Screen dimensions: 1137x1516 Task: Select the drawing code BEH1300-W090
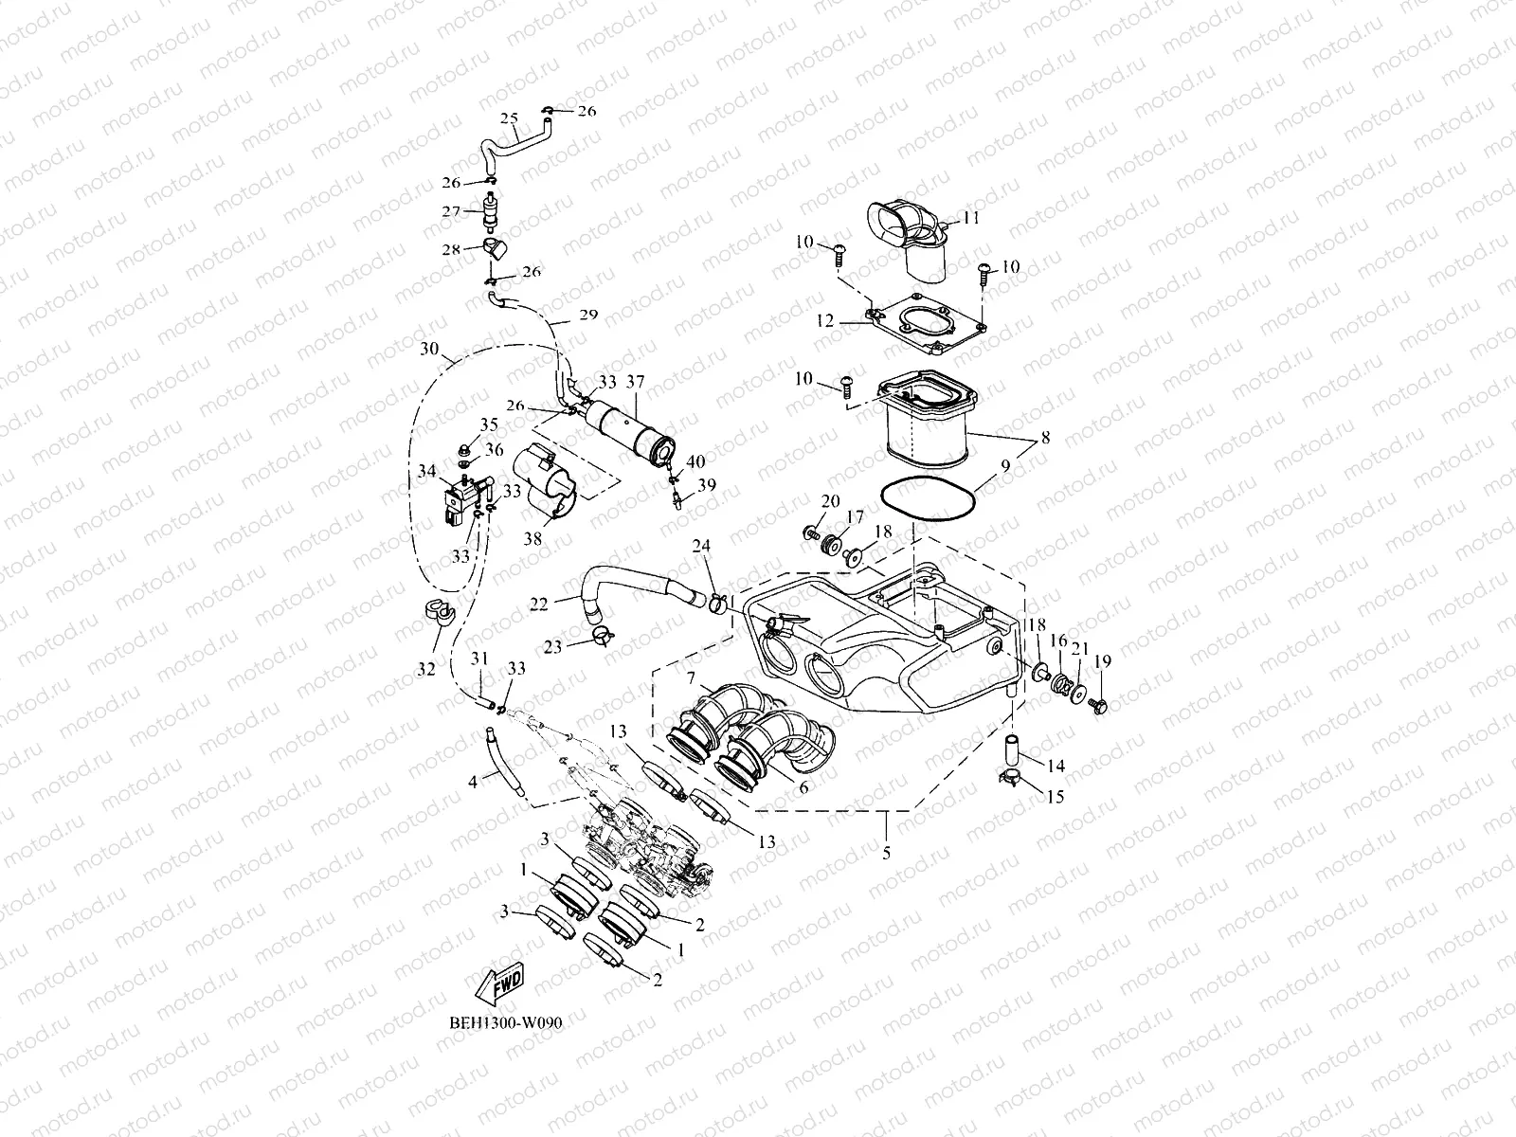499,1024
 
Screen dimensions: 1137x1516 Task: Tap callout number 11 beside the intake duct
971,217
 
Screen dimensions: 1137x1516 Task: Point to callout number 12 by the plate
824,322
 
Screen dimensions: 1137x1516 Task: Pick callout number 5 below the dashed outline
886,853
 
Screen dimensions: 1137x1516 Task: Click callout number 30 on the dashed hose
429,350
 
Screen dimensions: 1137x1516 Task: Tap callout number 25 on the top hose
509,119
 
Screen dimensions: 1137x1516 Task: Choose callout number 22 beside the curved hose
539,604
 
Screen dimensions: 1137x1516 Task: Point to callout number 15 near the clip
1055,797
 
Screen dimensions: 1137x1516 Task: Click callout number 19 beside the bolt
1103,661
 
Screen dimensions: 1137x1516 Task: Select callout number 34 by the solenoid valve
426,471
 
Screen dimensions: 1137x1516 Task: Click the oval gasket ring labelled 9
929,502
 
